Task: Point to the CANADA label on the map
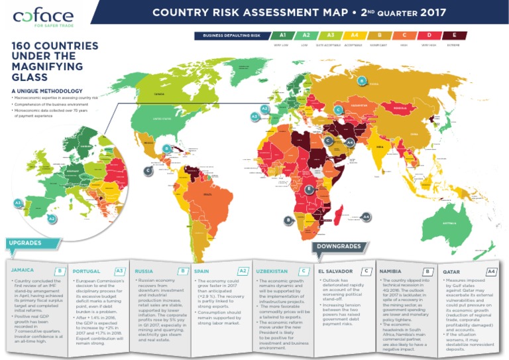[x=159, y=94]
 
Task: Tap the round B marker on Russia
[x=361, y=81]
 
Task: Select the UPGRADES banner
[x=25, y=243]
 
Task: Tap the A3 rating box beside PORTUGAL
[x=119, y=271]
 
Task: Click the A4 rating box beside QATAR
[x=491, y=271]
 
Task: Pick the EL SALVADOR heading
[x=335, y=271]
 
